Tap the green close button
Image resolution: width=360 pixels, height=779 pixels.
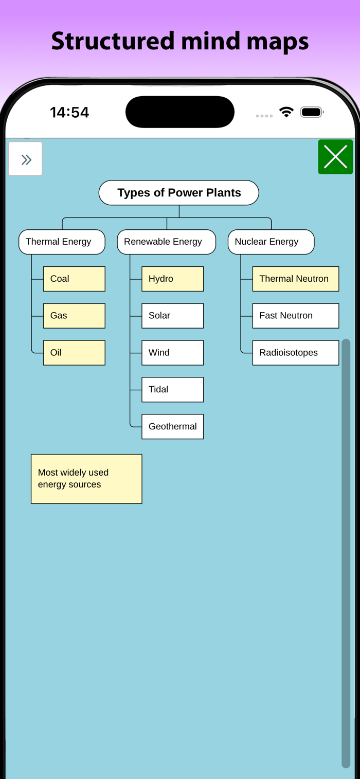pyautogui.click(x=335, y=157)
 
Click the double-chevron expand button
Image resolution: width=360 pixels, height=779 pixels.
pyautogui.click(x=25, y=158)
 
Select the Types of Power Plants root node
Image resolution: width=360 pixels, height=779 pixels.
pyautogui.click(x=179, y=193)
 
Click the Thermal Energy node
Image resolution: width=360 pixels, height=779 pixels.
pyautogui.click(x=62, y=242)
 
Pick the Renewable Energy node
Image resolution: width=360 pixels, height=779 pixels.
pyautogui.click(x=166, y=242)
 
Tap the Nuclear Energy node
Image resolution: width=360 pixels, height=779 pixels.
pyautogui.click(x=271, y=242)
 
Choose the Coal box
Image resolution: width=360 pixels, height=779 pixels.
pyautogui.click(x=74, y=279)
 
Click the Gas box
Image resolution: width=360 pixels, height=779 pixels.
pyautogui.click(x=74, y=316)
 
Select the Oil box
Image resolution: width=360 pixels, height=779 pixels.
pyautogui.click(x=74, y=353)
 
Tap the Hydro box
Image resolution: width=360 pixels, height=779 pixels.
pyautogui.click(x=172, y=279)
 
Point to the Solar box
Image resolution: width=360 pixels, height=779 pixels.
pyautogui.click(x=172, y=316)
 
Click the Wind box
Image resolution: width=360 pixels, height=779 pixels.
pyautogui.click(x=172, y=353)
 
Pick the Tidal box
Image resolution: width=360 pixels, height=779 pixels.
pyautogui.click(x=172, y=390)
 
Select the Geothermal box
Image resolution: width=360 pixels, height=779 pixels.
pyautogui.click(x=172, y=426)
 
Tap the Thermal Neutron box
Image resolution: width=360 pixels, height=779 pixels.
pyautogui.click(x=296, y=279)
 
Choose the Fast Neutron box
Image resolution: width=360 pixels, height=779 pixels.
pyautogui.click(x=296, y=316)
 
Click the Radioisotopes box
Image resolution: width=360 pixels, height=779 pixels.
pyautogui.click(x=296, y=353)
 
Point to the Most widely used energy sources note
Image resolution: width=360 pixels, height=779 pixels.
pyautogui.click(x=86, y=479)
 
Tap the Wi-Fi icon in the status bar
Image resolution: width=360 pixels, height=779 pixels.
pyautogui.click(x=286, y=112)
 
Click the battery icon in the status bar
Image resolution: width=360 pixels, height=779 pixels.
pyautogui.click(x=312, y=112)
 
